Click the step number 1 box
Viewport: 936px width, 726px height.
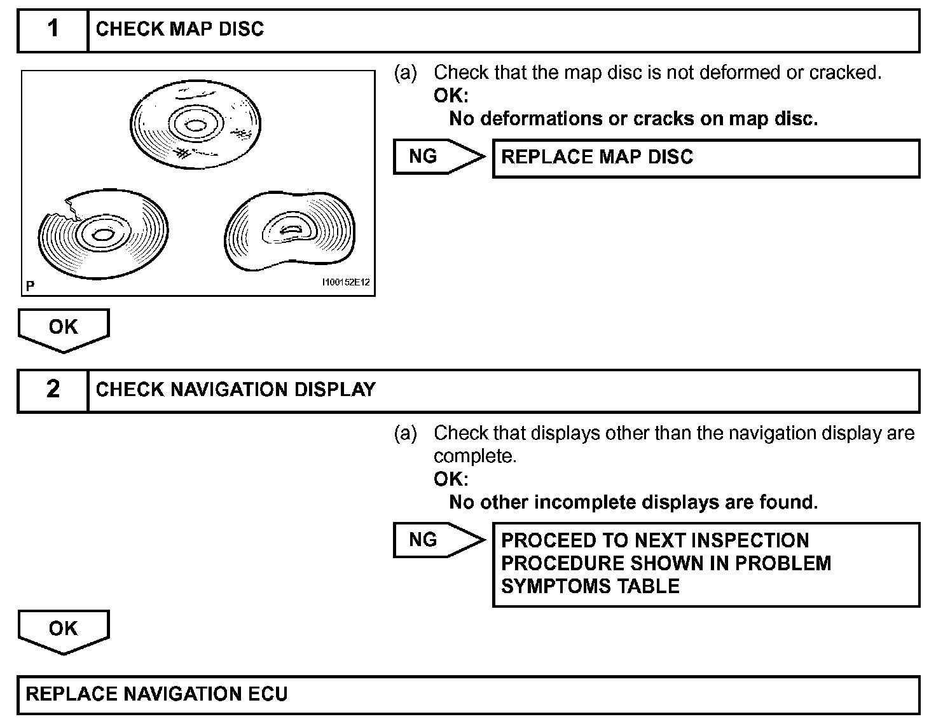click(x=53, y=29)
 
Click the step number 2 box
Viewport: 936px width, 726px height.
click(x=53, y=390)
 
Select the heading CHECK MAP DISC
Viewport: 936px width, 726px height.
click(x=179, y=29)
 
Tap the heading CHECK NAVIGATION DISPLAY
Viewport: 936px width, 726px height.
click(x=235, y=390)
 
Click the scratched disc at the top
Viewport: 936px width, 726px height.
click(x=195, y=121)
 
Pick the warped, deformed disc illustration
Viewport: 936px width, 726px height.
click(x=290, y=233)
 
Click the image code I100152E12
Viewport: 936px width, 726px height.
click(x=346, y=282)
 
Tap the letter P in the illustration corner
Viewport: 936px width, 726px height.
click(x=30, y=287)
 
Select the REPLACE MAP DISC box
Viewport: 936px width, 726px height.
click(x=706, y=158)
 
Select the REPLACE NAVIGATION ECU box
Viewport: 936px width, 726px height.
click(x=468, y=694)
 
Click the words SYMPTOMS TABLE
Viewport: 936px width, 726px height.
click(x=590, y=586)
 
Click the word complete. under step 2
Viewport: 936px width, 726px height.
click(x=474, y=456)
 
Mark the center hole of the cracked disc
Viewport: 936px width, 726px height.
click(x=102, y=235)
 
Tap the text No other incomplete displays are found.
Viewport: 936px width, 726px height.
click(x=633, y=503)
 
